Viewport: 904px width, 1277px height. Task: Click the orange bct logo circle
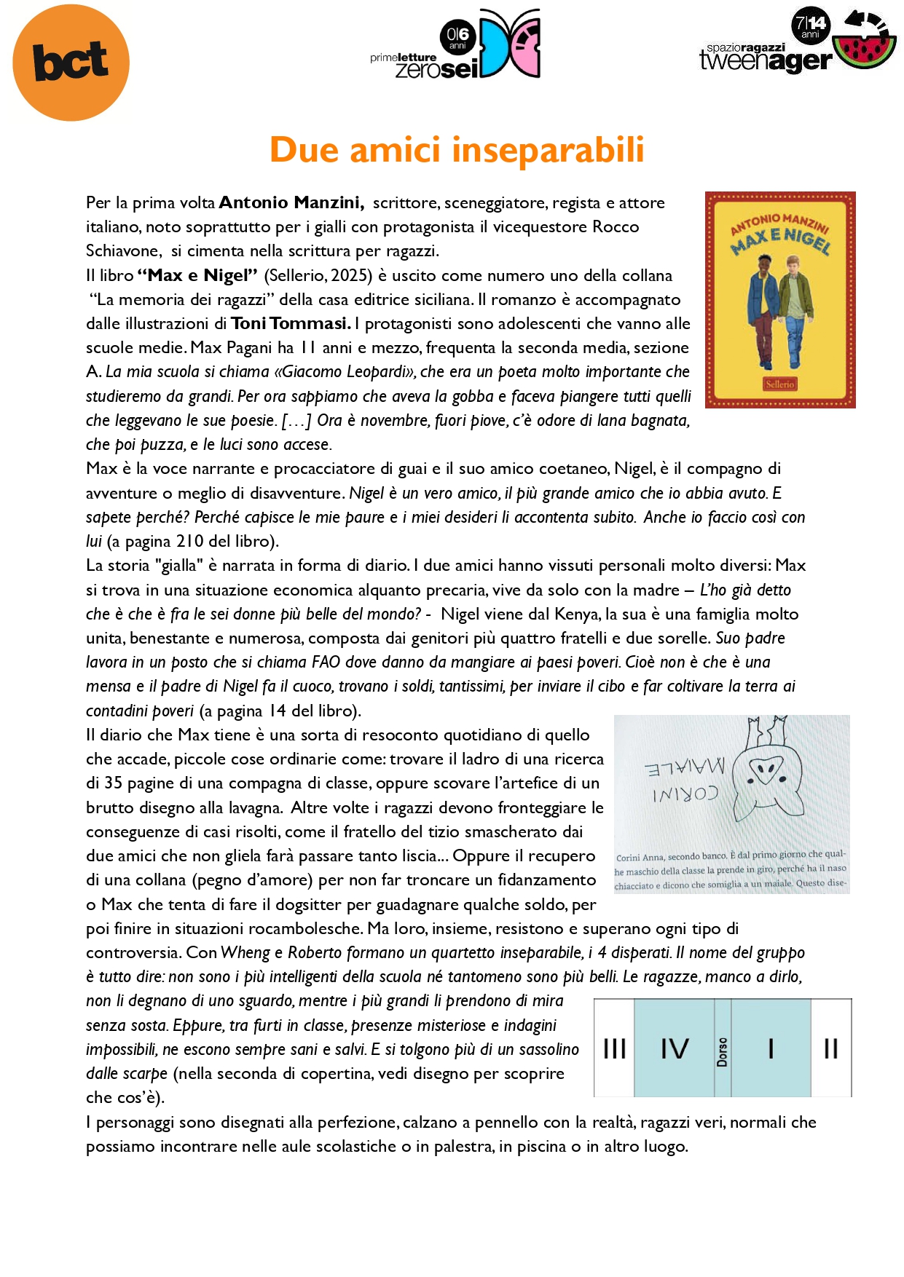click(x=71, y=63)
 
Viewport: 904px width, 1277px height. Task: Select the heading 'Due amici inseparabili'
click(x=457, y=150)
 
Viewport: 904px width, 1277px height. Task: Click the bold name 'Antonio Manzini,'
click(x=291, y=202)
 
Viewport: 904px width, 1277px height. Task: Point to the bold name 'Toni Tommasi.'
click(x=291, y=323)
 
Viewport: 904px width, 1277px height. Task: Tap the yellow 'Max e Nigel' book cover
click(x=779, y=299)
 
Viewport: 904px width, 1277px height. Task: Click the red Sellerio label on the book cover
click(x=779, y=384)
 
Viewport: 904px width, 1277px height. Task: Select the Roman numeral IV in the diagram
click(x=674, y=1049)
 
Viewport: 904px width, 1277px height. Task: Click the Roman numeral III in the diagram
click(x=614, y=1049)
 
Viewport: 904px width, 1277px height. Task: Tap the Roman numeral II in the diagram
click(x=830, y=1049)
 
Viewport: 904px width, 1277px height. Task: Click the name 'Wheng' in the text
click(x=245, y=953)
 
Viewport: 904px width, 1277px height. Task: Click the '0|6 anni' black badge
click(x=457, y=37)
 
